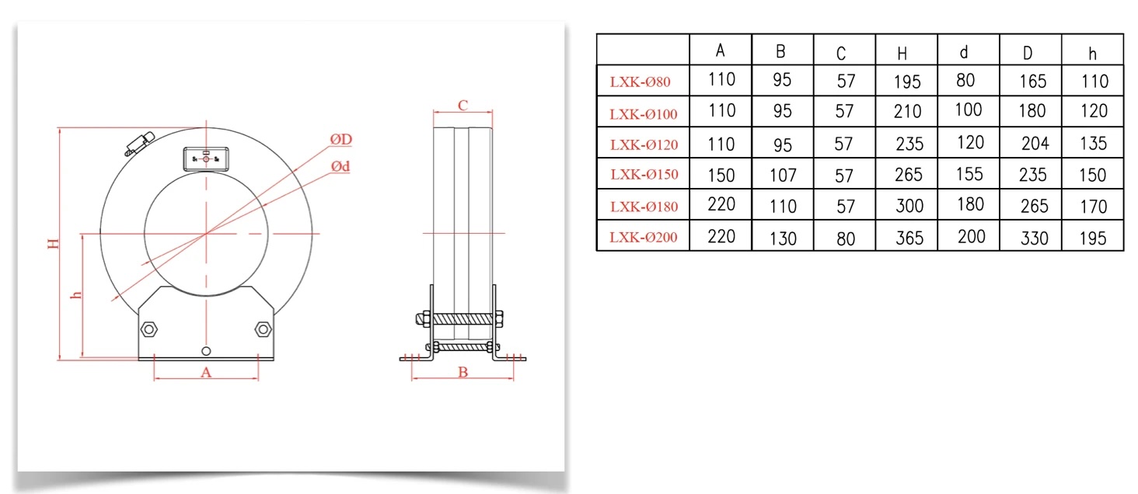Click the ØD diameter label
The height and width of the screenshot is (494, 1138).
point(341,139)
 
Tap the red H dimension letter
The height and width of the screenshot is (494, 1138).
point(53,244)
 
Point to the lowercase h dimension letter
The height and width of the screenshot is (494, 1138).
point(75,295)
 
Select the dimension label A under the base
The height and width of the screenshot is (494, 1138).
point(206,372)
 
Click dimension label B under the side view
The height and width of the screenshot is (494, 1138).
point(463,373)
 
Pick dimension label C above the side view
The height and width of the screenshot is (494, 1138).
point(462,105)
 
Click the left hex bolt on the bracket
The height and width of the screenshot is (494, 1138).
point(148,329)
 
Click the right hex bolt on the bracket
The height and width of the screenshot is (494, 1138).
point(263,329)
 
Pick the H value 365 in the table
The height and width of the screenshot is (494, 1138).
point(906,238)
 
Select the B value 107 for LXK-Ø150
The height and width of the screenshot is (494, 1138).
point(782,176)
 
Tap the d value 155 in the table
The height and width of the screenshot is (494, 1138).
point(969,174)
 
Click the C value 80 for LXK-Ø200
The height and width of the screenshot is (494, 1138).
point(845,238)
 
